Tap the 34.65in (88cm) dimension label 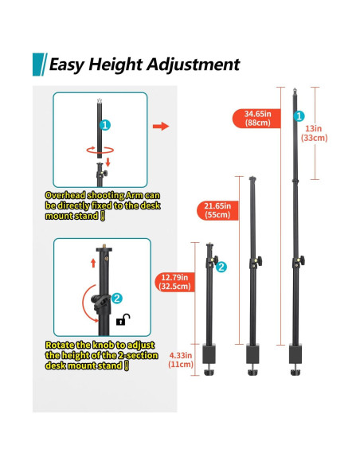tap(256, 119)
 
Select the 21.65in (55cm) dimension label tap(217, 210)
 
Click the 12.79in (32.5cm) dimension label tap(174, 282)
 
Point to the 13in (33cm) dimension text tap(314, 133)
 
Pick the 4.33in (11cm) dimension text tap(181, 359)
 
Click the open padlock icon tap(123, 319)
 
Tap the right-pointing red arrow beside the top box tap(161, 127)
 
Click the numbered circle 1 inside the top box tap(105, 125)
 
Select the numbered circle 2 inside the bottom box tap(117, 299)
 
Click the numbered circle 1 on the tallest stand tap(299, 116)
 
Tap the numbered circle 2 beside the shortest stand tap(221, 267)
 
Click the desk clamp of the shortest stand tap(209, 359)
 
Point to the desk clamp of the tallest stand tap(295, 359)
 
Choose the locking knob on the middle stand tap(259, 261)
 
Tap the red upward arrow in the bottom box tap(93, 263)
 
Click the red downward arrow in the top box tap(108, 162)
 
